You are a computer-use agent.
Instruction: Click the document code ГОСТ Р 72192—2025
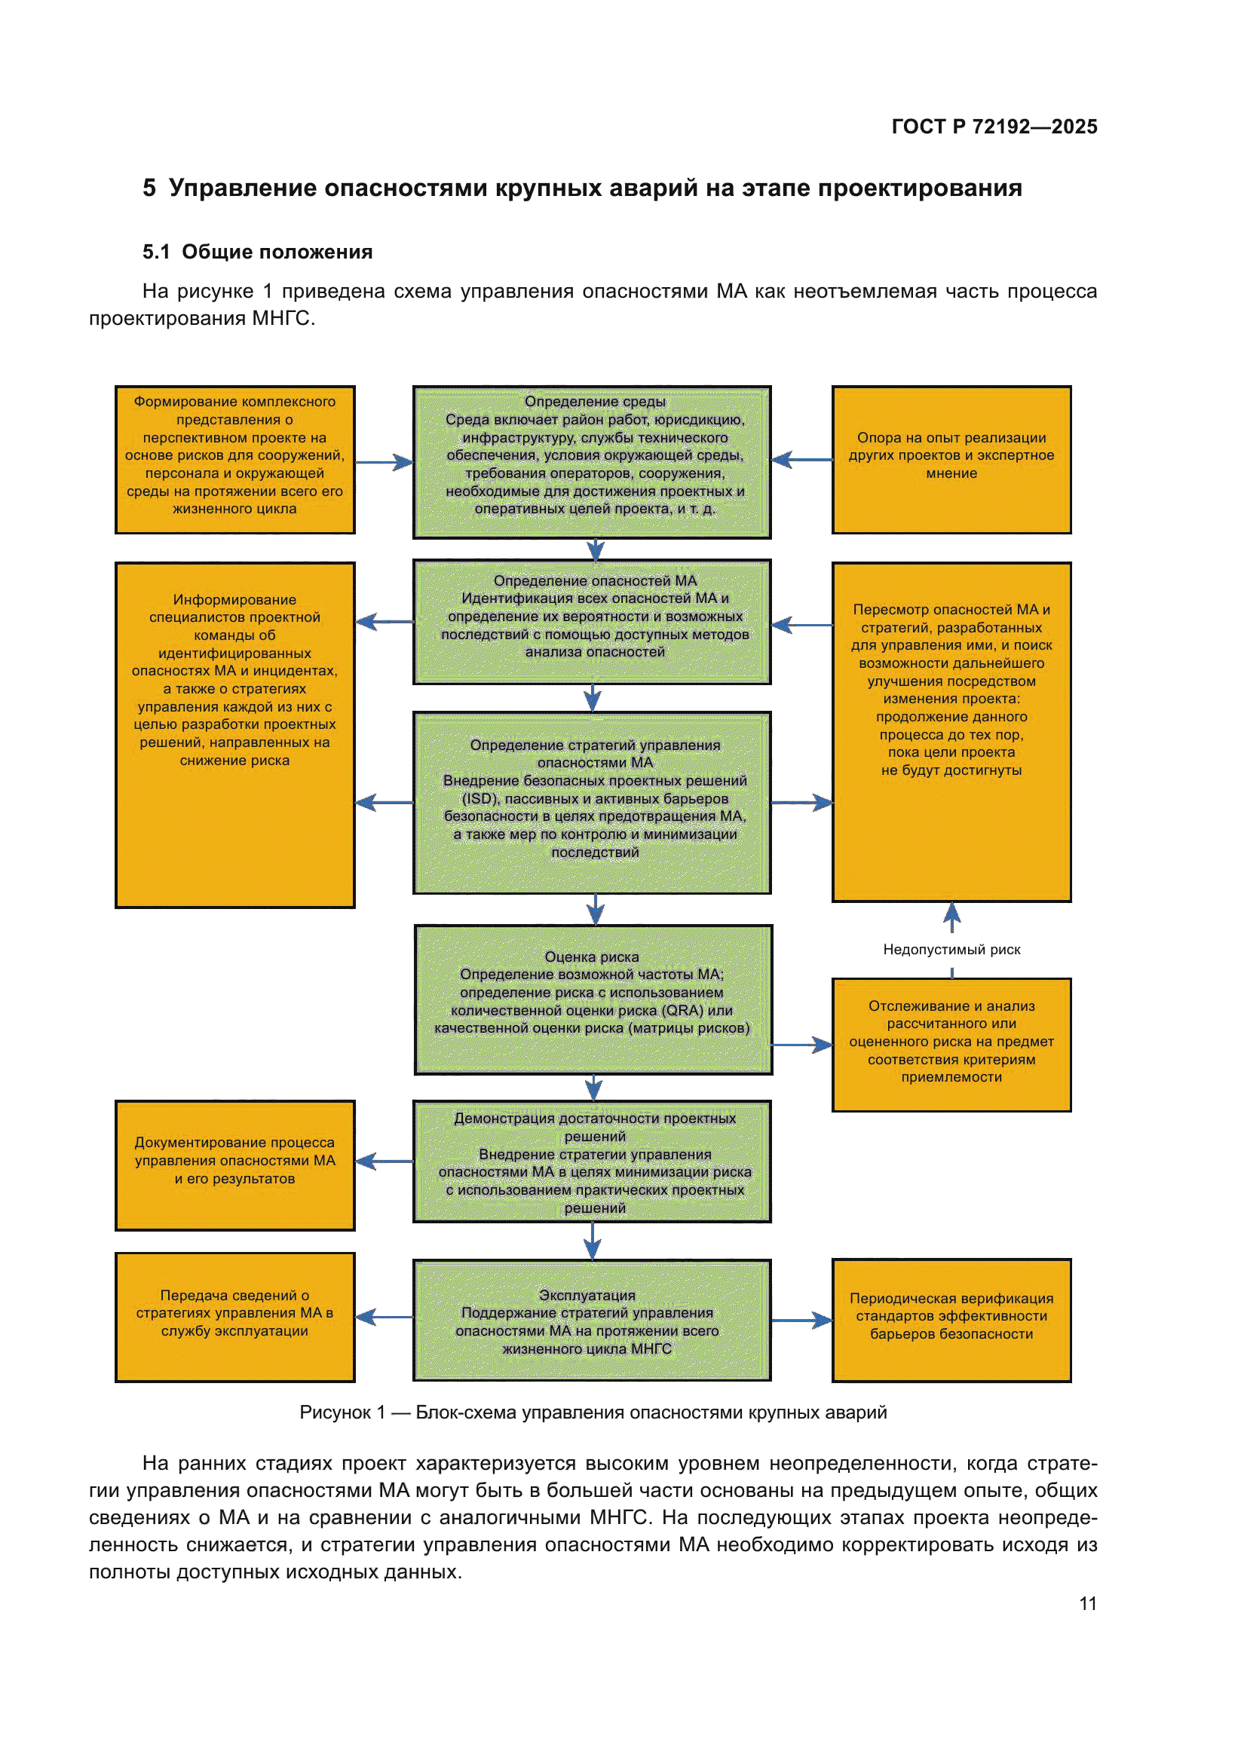click(x=994, y=127)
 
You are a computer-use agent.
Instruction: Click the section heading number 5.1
click(x=156, y=252)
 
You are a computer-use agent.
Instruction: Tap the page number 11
click(x=1087, y=1603)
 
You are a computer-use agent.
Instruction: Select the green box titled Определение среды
click(x=592, y=461)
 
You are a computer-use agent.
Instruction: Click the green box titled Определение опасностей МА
click(x=592, y=621)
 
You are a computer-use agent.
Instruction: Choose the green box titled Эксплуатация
click(x=592, y=1320)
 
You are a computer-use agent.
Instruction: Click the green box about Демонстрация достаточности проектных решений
click(x=592, y=1161)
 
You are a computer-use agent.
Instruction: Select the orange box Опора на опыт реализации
click(x=951, y=459)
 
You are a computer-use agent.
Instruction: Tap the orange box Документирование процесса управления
click(x=235, y=1165)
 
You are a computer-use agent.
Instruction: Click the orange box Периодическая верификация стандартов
click(x=951, y=1320)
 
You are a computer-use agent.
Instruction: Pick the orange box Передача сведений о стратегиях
click(x=235, y=1317)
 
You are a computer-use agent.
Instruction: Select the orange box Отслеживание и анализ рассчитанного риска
click(x=951, y=1044)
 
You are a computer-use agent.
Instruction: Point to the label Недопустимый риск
click(x=951, y=950)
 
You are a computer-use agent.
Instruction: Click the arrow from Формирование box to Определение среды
click(x=384, y=462)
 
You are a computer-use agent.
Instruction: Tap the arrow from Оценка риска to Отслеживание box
click(x=801, y=1045)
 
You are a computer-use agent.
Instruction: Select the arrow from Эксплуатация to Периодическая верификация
click(x=801, y=1321)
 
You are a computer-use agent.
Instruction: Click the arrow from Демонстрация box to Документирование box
click(x=384, y=1162)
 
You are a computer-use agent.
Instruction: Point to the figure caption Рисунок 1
click(x=592, y=1413)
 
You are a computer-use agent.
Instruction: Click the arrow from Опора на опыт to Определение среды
click(x=801, y=460)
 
